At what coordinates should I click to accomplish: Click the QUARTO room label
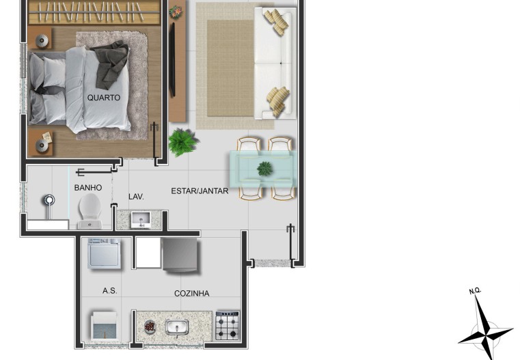(103, 98)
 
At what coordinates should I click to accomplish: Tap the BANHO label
(88, 188)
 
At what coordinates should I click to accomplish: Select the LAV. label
(136, 197)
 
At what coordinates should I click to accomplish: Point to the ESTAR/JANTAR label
(200, 191)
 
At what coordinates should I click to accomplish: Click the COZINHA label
(192, 293)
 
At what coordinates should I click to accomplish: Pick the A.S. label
(110, 291)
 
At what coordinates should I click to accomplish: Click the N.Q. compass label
(475, 291)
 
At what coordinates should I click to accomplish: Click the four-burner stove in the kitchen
(227, 326)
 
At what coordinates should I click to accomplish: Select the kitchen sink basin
(177, 327)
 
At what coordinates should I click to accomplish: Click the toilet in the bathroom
(90, 211)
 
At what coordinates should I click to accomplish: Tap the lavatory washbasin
(141, 219)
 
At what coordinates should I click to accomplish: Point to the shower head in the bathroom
(49, 200)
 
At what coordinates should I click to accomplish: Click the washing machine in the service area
(104, 253)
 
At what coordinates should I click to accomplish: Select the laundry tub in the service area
(104, 327)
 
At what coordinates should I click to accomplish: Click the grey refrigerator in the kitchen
(181, 255)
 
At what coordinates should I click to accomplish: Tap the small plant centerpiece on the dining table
(264, 169)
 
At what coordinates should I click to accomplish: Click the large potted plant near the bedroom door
(182, 142)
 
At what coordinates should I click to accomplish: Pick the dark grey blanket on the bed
(109, 64)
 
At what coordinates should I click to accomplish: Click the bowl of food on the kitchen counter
(150, 327)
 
